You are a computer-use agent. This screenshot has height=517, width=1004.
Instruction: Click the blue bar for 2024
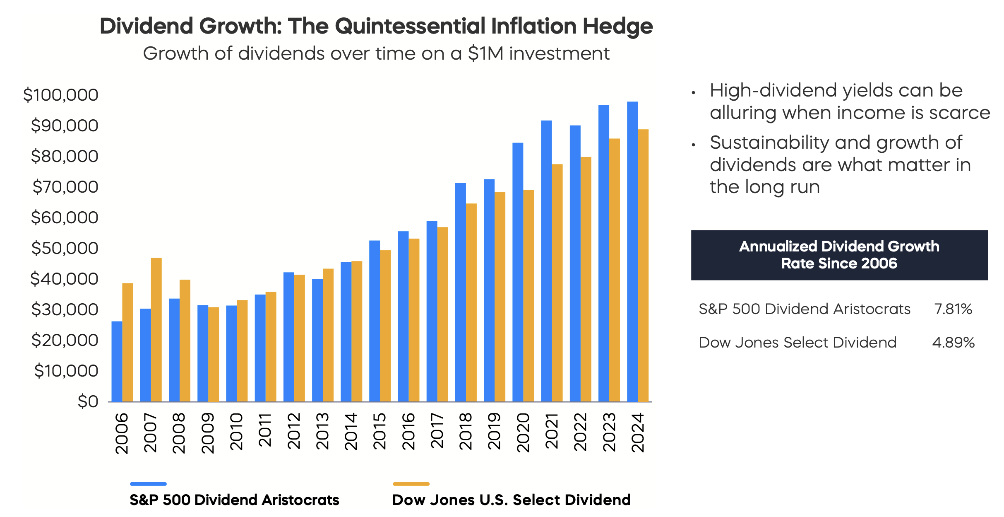click(x=632, y=251)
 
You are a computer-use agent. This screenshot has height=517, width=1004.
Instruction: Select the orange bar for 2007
click(x=156, y=330)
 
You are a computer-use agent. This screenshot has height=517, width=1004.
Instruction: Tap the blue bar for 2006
click(x=117, y=362)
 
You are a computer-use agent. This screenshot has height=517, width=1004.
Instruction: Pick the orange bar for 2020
click(x=528, y=296)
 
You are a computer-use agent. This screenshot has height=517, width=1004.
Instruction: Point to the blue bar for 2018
click(x=460, y=292)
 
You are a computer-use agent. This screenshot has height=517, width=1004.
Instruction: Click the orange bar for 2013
click(x=328, y=335)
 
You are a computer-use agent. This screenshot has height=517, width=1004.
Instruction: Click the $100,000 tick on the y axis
click(x=60, y=95)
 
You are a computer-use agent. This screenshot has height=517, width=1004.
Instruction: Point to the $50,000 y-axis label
click(x=65, y=248)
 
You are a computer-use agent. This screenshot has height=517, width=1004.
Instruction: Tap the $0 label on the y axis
click(x=88, y=401)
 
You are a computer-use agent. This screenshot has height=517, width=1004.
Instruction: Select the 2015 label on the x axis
click(x=380, y=431)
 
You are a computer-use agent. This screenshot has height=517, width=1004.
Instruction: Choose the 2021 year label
click(x=552, y=431)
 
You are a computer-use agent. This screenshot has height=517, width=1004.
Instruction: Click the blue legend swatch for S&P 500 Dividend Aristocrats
click(x=148, y=484)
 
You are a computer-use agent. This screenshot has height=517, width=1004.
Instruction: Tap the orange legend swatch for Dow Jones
click(x=411, y=484)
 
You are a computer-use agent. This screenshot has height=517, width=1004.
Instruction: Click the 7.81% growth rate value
click(x=953, y=309)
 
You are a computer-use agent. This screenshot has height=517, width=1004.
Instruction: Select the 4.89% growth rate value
click(x=954, y=343)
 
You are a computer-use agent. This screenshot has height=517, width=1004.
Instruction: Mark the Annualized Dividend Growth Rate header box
click(x=839, y=255)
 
